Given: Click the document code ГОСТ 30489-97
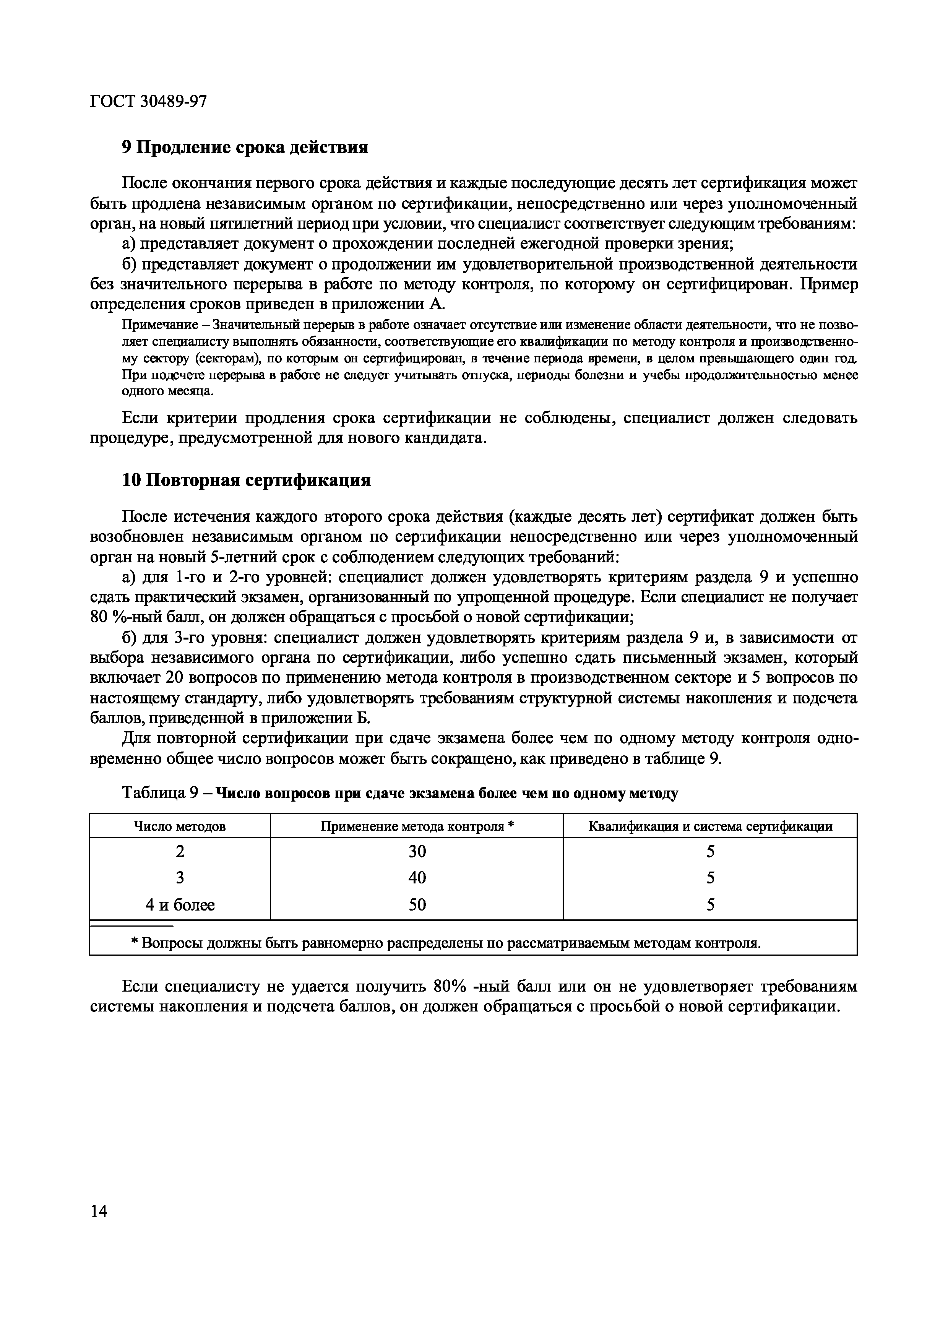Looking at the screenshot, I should (148, 102).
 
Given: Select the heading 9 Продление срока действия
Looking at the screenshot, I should (245, 147).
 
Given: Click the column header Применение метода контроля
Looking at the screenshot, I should (416, 826).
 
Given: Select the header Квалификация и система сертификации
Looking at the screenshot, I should (710, 826).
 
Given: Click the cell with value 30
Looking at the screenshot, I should (417, 852).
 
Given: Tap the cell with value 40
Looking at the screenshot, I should (417, 878).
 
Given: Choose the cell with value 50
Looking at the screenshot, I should (417, 905).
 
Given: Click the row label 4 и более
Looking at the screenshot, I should (180, 905).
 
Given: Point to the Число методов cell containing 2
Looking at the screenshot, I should (180, 852).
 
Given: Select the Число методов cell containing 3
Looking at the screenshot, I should (180, 878).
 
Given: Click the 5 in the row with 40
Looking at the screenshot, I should (710, 878).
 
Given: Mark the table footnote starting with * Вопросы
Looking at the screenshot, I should (446, 943).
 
